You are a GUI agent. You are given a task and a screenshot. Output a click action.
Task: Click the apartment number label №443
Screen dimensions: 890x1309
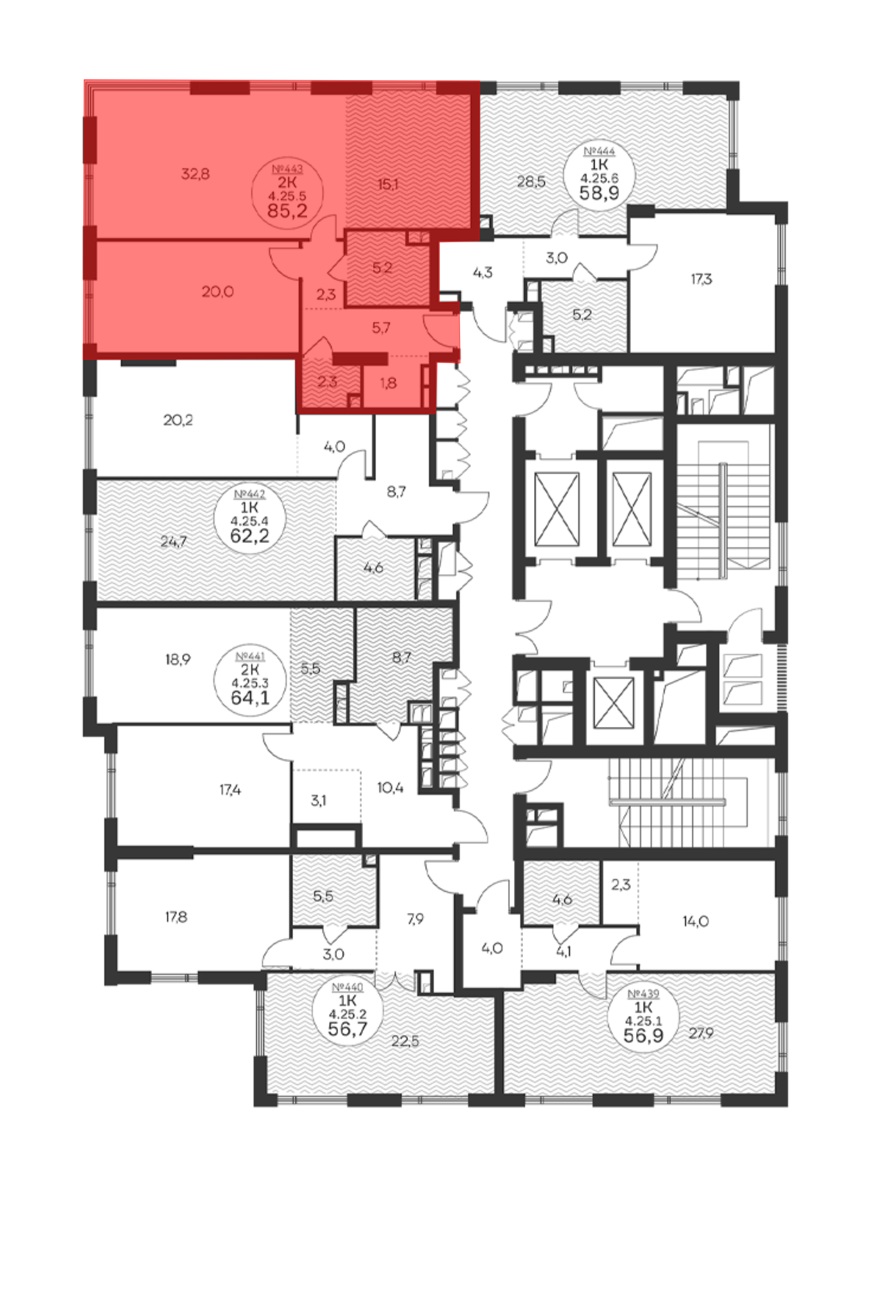click(287, 169)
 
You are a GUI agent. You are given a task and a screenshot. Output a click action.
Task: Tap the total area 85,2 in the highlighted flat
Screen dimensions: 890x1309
click(287, 211)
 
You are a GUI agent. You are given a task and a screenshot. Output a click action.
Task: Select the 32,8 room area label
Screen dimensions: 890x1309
click(195, 174)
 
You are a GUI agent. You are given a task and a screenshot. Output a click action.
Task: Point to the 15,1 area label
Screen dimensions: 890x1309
click(388, 184)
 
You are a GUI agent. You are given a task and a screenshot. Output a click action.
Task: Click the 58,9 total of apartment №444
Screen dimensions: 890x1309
click(599, 193)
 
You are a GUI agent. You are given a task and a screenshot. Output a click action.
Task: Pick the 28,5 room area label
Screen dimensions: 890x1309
click(531, 182)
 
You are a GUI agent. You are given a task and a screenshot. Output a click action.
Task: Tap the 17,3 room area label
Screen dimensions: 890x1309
click(701, 279)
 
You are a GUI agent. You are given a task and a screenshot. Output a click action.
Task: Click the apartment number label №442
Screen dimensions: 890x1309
click(250, 494)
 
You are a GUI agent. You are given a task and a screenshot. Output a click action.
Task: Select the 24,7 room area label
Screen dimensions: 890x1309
click(174, 542)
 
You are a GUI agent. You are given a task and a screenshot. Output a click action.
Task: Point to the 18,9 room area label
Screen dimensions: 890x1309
click(178, 659)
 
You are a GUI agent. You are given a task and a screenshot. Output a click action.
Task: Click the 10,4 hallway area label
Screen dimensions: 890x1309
click(390, 788)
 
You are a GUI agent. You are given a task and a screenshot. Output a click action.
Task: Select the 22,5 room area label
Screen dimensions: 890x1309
click(405, 1041)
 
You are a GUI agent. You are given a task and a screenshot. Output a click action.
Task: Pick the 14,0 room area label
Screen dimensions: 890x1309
click(695, 921)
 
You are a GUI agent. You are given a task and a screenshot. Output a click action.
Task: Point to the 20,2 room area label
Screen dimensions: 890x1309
click(178, 420)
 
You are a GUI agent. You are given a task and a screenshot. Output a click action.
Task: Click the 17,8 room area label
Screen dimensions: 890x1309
click(176, 917)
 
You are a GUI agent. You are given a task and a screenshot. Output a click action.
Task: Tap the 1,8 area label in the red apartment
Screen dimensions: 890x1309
click(388, 383)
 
